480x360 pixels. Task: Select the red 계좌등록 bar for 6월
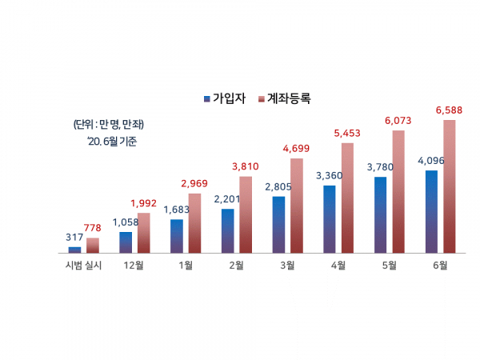pyautogui.click(x=450, y=186)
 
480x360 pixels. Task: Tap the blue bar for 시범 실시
pyautogui.click(x=74, y=250)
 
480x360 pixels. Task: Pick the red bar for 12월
pyautogui.click(x=143, y=232)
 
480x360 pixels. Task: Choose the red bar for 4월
pyautogui.click(x=347, y=198)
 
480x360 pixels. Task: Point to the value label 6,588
pyautogui.click(x=450, y=110)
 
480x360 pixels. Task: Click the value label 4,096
pyautogui.click(x=430, y=161)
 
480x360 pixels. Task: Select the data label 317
pyautogui.click(x=74, y=238)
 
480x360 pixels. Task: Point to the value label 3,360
pyautogui.click(x=329, y=175)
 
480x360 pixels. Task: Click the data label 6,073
pyautogui.click(x=398, y=120)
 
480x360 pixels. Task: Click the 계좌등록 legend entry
pyautogui.click(x=284, y=98)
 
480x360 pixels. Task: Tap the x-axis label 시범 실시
pyautogui.click(x=83, y=266)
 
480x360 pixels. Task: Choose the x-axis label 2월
pyautogui.click(x=236, y=266)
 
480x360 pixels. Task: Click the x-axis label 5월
pyautogui.click(x=389, y=266)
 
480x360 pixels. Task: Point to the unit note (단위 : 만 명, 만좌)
pyautogui.click(x=108, y=124)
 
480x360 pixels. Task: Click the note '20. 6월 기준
pyautogui.click(x=113, y=142)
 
